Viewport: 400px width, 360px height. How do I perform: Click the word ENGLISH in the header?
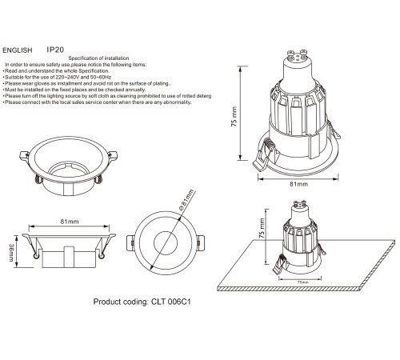[19, 49]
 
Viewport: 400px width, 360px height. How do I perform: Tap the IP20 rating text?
[55, 49]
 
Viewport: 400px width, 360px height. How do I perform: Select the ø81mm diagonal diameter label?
[186, 205]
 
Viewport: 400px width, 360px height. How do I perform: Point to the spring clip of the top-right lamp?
[265, 153]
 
